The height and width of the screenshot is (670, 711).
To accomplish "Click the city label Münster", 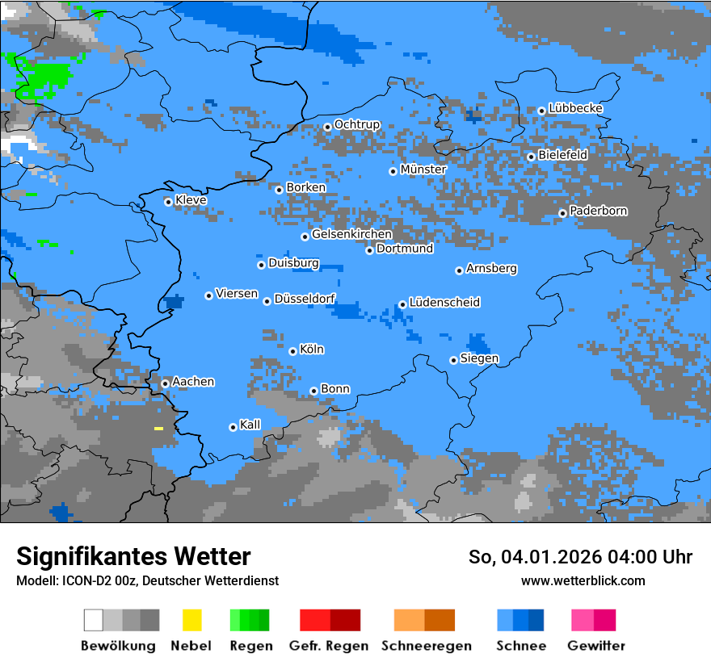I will (x=423, y=170).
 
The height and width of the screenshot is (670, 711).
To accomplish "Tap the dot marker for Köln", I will (x=292, y=351).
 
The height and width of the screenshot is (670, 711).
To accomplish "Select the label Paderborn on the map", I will (x=598, y=211).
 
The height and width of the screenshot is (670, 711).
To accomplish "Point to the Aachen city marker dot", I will (x=165, y=383).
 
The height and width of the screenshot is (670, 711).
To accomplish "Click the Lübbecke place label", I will (x=575, y=108).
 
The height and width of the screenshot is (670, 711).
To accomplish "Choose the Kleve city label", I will (x=191, y=200).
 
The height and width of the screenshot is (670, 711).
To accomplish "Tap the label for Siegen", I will (x=479, y=358).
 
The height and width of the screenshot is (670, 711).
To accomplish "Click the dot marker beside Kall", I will (x=233, y=427).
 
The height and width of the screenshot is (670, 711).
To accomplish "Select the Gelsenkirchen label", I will (x=351, y=234).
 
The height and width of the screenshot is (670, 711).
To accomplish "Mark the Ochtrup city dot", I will (x=327, y=126).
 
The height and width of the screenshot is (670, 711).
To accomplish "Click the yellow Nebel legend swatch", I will (x=191, y=620).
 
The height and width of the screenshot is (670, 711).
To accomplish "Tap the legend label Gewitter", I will (x=595, y=646).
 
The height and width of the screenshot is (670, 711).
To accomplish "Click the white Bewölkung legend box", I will (x=94, y=620).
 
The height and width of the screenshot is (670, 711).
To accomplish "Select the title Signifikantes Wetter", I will (x=133, y=557).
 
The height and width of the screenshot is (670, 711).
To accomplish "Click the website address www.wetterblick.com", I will (x=583, y=580).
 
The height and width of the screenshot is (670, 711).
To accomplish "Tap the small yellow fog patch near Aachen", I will (x=158, y=428).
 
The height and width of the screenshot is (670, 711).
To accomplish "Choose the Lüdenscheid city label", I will (x=444, y=302).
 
